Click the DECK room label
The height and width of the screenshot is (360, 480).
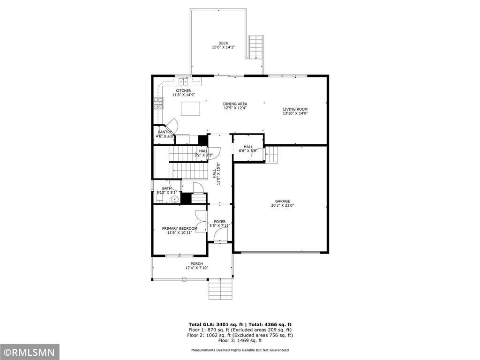coord(223,43)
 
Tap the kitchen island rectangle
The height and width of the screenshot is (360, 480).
coord(190,109)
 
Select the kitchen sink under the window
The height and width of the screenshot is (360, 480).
coord(183,82)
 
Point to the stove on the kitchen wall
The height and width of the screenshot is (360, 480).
coord(158,103)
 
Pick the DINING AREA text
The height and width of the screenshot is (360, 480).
coord(235,104)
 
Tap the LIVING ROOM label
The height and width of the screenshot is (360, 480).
coord(295,109)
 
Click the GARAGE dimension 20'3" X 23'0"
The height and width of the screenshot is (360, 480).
coord(282,205)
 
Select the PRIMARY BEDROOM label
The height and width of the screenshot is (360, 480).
coord(180,228)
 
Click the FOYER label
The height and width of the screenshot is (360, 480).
coord(220,222)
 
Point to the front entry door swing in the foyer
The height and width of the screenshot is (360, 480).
coord(220,234)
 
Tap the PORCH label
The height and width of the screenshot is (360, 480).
coord(196,264)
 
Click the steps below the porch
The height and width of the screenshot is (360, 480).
coord(220,290)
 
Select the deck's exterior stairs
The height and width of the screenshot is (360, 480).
coord(256,47)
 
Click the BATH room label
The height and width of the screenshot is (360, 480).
coord(167,188)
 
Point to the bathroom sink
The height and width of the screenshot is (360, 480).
coord(174,200)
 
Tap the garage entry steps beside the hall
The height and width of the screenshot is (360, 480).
coord(271,155)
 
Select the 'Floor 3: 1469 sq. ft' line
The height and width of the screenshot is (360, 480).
coord(240,340)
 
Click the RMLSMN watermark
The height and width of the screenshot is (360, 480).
coord(30,352)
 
